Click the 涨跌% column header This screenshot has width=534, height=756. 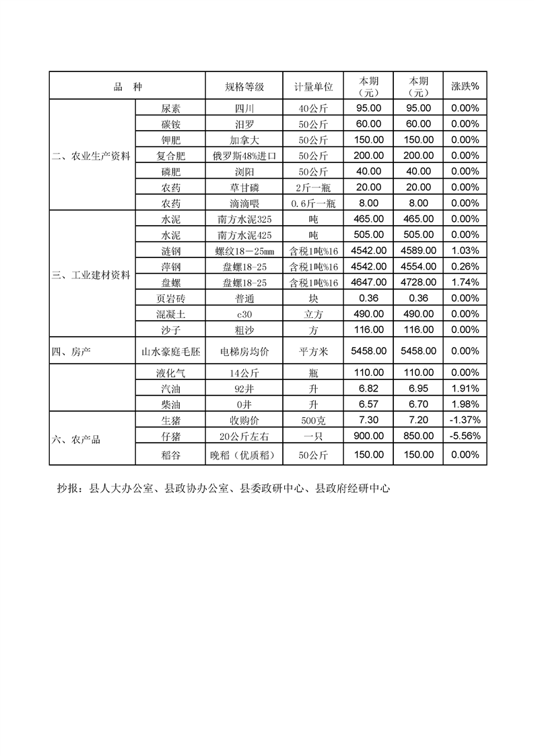pos(465,87)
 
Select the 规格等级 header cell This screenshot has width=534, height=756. pos(244,87)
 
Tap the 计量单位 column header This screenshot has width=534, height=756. pos(313,87)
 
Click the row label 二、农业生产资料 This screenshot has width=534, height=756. pos(92,156)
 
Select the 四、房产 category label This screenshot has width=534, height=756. pos(71,351)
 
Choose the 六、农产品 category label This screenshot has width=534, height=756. pos(76,439)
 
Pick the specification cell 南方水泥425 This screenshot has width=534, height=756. pos(244,235)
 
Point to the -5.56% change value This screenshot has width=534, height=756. pos(465,436)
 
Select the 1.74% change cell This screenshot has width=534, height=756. pos(465,282)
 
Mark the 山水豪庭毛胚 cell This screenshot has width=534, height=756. pos(171,351)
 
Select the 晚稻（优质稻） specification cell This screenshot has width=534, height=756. pos(244,455)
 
